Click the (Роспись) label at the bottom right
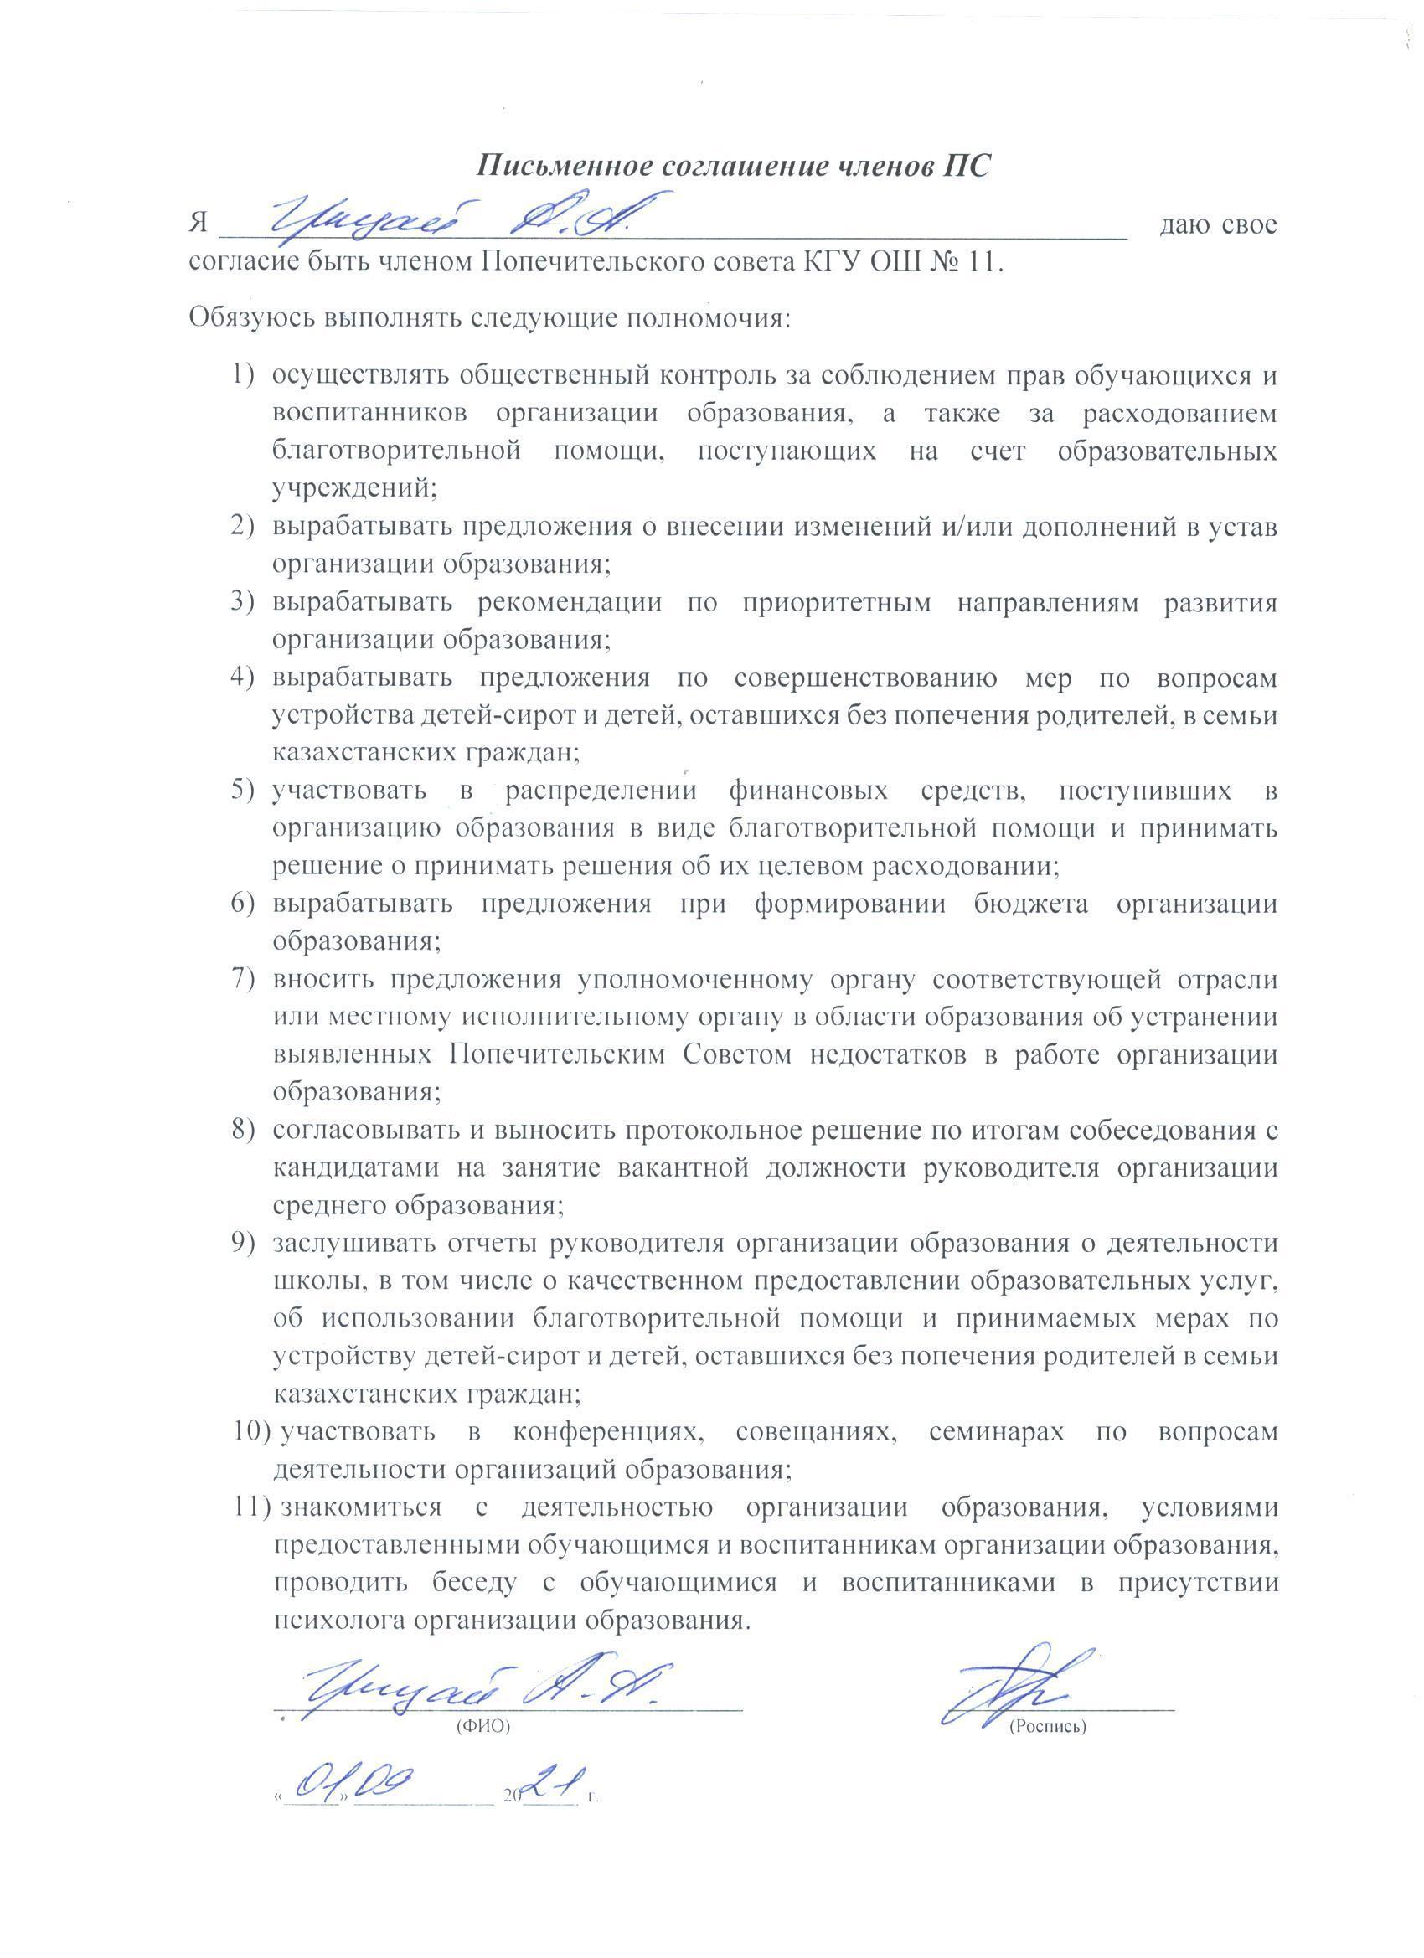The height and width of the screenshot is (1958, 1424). pos(1046,1727)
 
